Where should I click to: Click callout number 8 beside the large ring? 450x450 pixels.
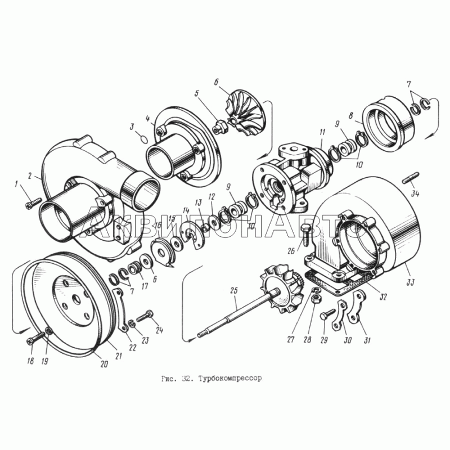[351, 116]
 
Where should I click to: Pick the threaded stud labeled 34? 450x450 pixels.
[411, 178]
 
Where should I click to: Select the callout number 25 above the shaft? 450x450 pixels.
[234, 290]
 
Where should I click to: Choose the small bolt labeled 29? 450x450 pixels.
[327, 314]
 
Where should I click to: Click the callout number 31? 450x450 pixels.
[367, 340]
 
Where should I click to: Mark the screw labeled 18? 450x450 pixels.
[35, 338]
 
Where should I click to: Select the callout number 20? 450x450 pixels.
[104, 364]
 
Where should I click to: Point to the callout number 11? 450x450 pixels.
[322, 132]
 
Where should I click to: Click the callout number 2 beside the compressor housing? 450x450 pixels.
[30, 175]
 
